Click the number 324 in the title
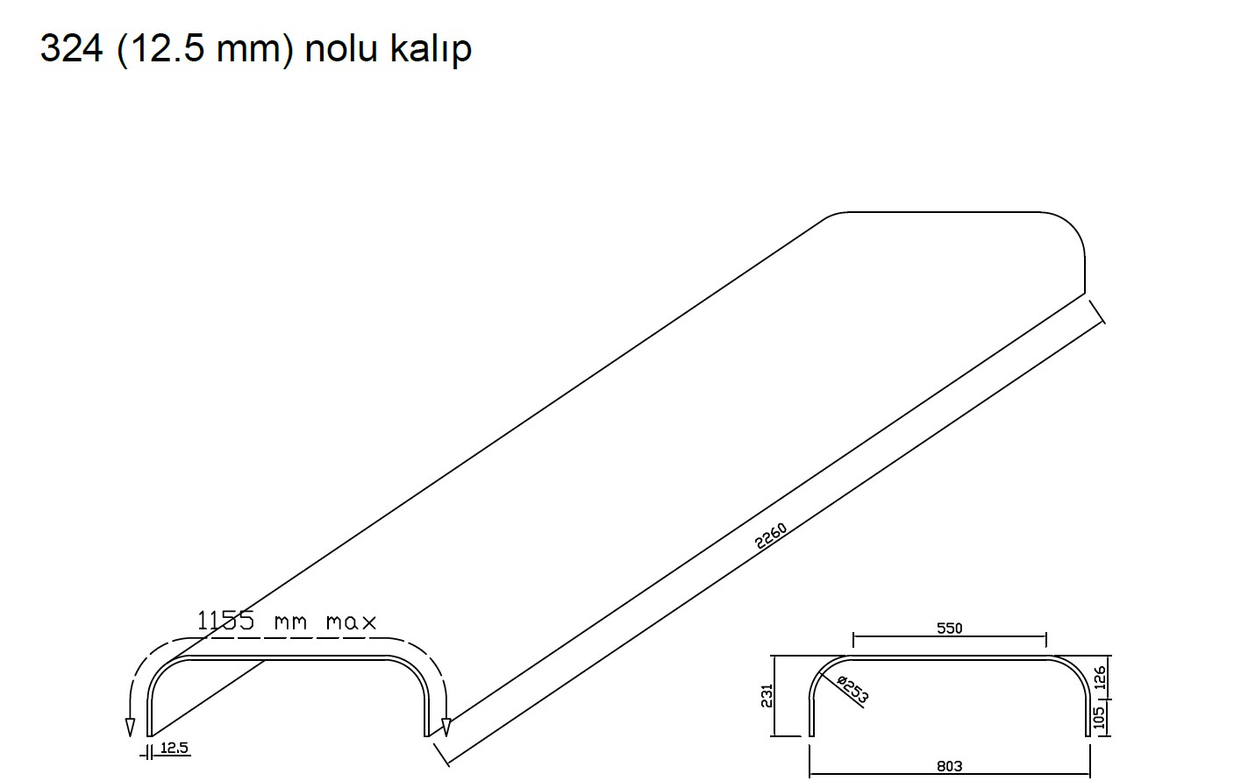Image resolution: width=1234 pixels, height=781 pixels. [72, 48]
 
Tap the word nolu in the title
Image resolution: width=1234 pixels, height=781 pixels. [340, 48]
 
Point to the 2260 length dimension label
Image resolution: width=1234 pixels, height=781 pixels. [771, 536]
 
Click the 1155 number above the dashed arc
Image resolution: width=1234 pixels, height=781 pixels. [225, 621]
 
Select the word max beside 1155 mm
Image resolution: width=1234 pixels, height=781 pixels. [351, 622]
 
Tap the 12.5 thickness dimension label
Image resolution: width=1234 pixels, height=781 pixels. [174, 748]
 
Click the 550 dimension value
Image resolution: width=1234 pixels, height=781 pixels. [949, 628]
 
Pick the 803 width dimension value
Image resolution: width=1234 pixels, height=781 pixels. [949, 766]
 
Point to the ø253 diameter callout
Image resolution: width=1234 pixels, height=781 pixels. [852, 690]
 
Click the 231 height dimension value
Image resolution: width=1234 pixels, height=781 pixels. [767, 696]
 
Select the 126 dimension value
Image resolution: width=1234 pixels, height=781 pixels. [1100, 678]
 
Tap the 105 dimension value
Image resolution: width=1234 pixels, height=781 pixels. [1100, 718]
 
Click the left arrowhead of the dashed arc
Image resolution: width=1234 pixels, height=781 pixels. [130, 727]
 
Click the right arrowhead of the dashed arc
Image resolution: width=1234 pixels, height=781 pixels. [446, 727]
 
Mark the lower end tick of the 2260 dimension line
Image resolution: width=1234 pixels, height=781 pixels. [441, 755]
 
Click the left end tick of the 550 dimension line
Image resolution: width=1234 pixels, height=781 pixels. [853, 640]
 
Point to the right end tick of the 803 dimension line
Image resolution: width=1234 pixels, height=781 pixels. [1090, 760]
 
